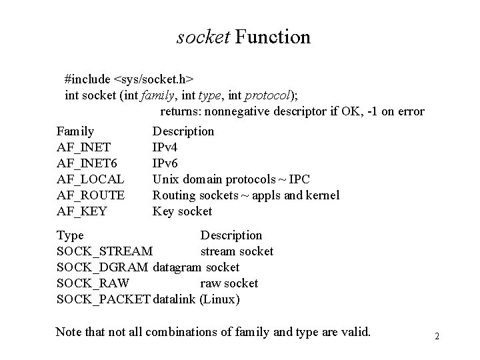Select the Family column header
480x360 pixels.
(75, 131)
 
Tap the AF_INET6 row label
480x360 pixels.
(87, 163)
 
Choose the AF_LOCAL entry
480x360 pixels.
(90, 179)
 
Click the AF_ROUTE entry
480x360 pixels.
(91, 195)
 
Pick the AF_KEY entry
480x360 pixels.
(82, 211)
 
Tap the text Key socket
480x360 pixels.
(182, 211)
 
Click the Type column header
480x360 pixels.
(70, 235)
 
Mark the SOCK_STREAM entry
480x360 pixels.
(105, 251)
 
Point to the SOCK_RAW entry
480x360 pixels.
(93, 283)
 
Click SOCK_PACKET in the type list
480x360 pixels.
(103, 299)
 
